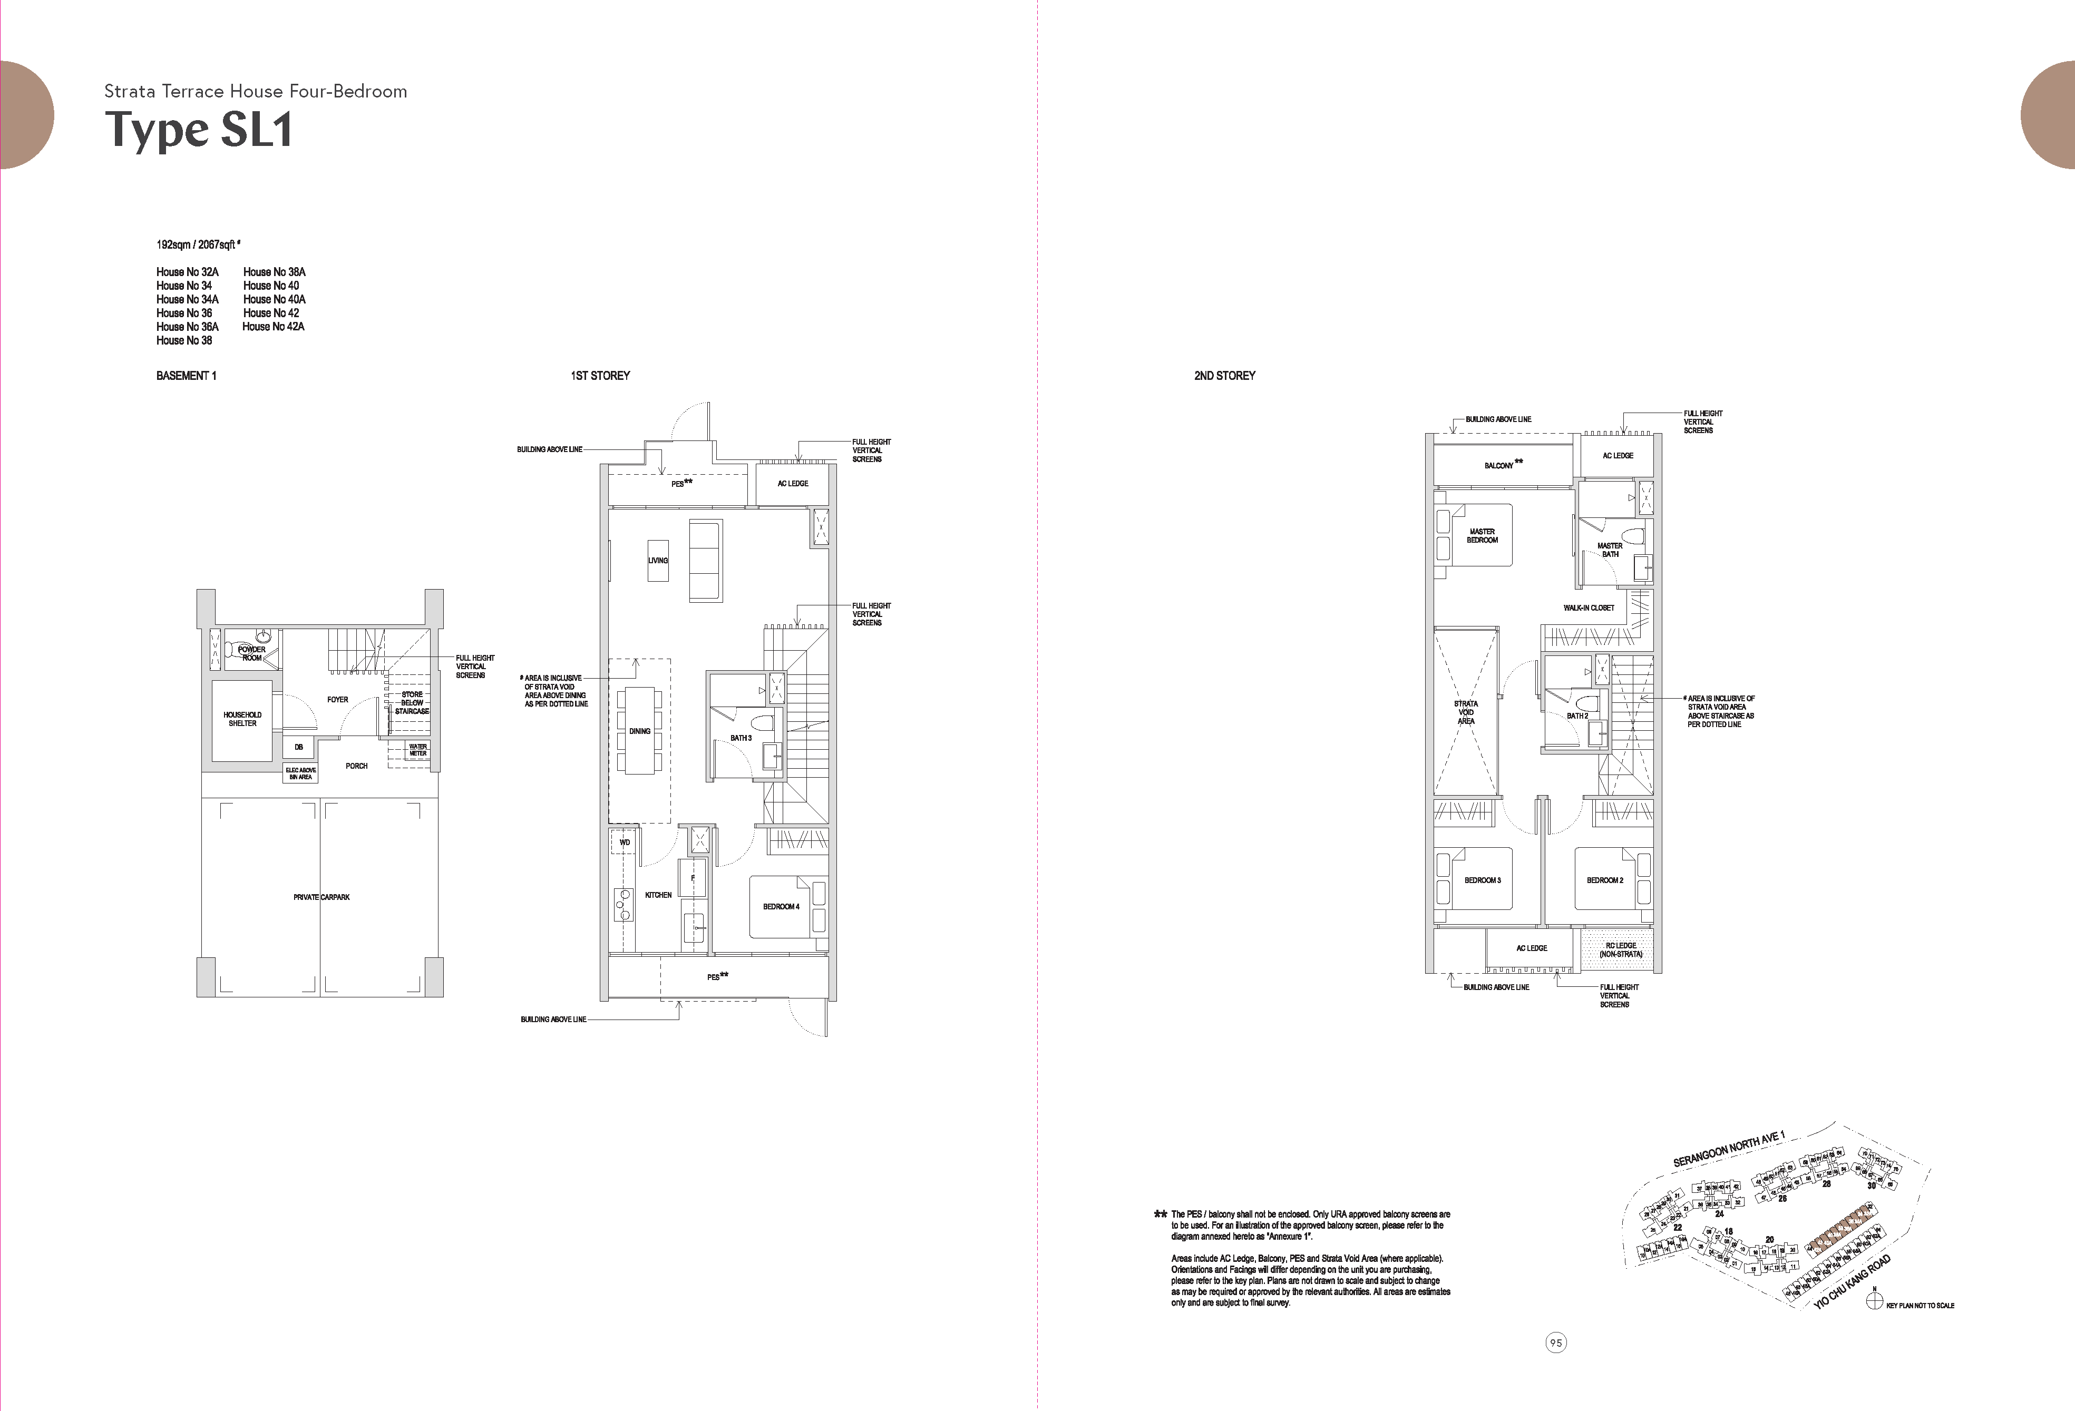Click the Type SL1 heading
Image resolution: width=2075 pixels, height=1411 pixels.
click(198, 130)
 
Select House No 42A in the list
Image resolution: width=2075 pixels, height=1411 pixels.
click(273, 327)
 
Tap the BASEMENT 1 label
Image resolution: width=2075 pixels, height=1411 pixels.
click(186, 376)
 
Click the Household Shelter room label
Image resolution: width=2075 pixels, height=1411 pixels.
click(242, 719)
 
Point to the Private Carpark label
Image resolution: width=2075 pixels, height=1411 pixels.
click(322, 897)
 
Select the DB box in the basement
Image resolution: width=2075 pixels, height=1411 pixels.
click(299, 747)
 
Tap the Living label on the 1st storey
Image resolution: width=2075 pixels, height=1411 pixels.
click(658, 561)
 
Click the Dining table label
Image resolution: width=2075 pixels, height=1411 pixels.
click(639, 731)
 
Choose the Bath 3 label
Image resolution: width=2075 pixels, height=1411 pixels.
click(741, 738)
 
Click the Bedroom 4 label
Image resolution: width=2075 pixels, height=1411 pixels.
click(781, 907)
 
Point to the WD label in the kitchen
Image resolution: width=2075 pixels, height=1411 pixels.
click(625, 842)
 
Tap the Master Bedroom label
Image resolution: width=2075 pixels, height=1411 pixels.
click(1482, 535)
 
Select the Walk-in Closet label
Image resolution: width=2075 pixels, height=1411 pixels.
click(1589, 608)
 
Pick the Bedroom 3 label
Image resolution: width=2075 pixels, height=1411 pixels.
click(1482, 880)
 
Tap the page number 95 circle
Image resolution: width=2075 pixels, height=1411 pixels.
click(1556, 1343)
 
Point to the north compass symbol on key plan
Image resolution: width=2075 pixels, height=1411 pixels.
click(1874, 1301)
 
